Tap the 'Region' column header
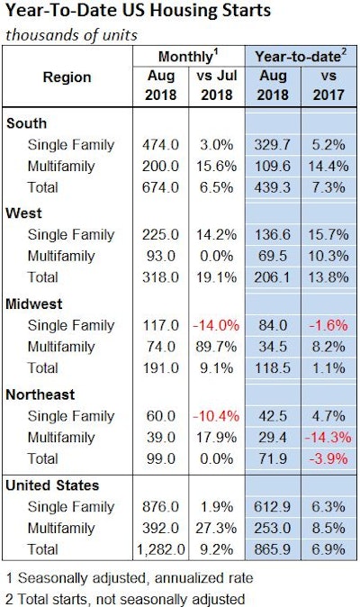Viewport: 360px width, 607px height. (x=67, y=77)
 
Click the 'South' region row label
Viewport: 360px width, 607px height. (x=26, y=122)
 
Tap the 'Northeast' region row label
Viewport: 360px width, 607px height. (x=40, y=394)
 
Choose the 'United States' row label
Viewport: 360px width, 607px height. (x=52, y=485)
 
